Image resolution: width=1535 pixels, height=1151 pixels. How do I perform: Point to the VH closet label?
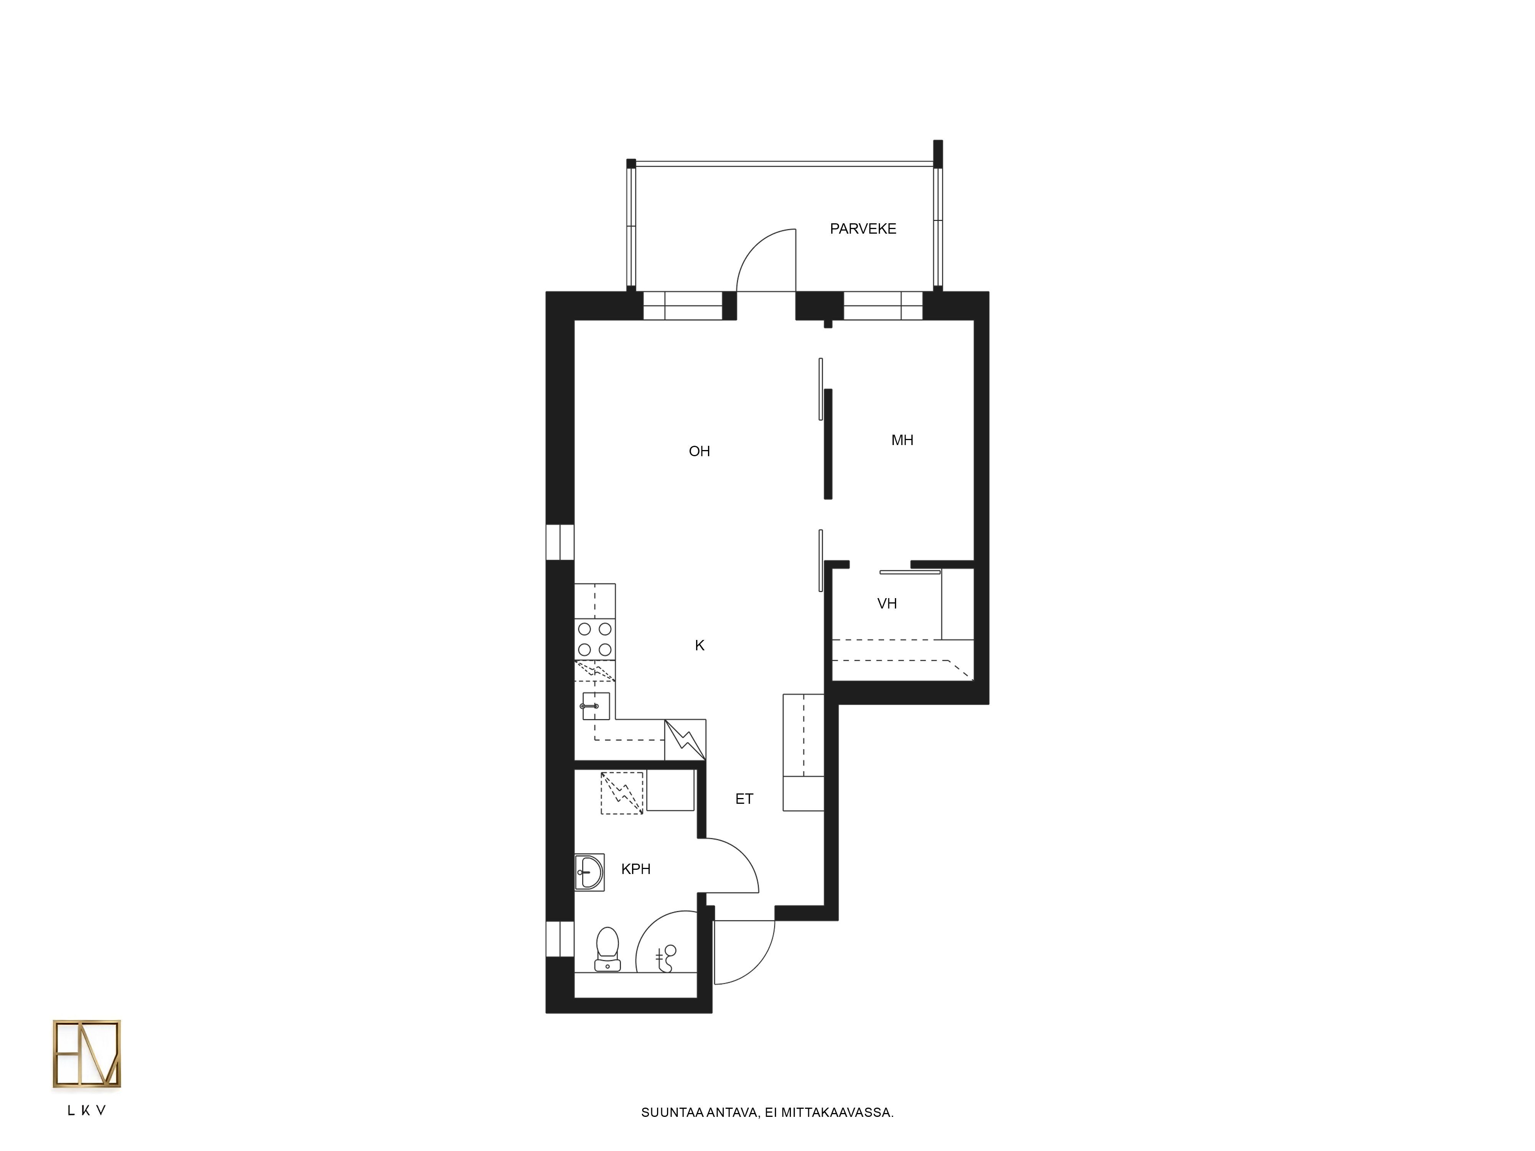tap(887, 604)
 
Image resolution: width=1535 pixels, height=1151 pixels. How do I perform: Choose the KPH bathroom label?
tap(635, 869)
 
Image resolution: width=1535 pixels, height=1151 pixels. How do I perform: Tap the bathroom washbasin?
tap(590, 872)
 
